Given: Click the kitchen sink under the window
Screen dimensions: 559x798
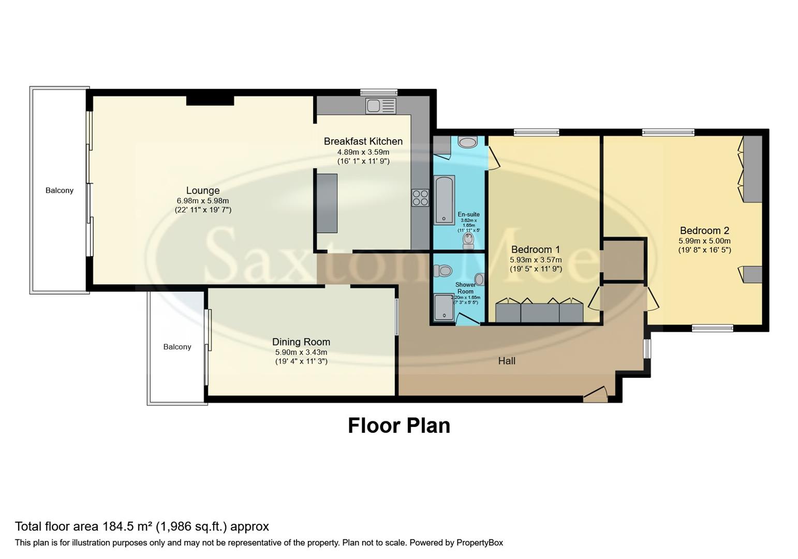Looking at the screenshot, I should click(x=380, y=106).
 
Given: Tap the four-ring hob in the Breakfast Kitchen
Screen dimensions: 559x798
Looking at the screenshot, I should click(x=420, y=198).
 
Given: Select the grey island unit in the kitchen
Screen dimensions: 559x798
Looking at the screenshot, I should click(x=327, y=203).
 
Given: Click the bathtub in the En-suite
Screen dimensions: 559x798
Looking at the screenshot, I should click(x=445, y=200).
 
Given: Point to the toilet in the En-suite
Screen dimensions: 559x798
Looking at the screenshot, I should click(x=468, y=241).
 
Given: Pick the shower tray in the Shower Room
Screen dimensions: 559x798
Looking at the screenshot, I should click(x=444, y=307).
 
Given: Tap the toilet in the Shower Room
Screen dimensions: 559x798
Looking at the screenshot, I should click(x=443, y=270).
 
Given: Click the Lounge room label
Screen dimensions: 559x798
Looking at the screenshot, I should click(x=203, y=190).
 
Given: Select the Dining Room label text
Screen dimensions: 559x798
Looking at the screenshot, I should click(x=301, y=342).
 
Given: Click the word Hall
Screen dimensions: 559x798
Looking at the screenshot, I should click(x=507, y=361).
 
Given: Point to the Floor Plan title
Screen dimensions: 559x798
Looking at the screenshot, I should click(x=398, y=425).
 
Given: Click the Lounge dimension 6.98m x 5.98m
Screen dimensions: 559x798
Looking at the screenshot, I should click(x=203, y=201).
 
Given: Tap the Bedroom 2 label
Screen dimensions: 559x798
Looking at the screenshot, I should click(x=704, y=230).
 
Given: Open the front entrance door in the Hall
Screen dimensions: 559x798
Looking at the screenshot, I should click(x=595, y=394).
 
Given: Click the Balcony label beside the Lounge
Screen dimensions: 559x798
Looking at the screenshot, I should click(x=60, y=190).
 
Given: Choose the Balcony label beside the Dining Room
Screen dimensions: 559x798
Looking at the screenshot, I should click(x=177, y=347).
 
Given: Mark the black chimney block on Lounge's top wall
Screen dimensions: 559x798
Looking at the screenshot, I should click(x=210, y=100).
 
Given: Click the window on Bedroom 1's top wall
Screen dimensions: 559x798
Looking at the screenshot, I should click(x=536, y=133).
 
